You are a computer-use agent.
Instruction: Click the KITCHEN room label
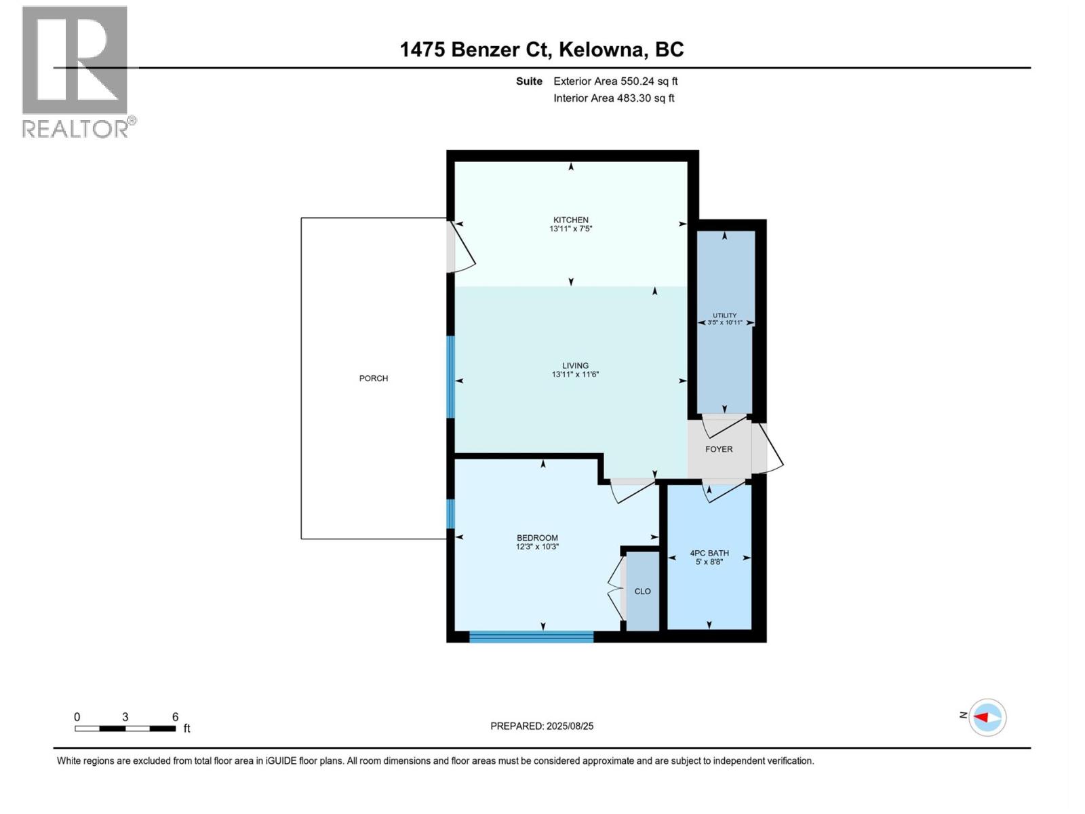click(x=570, y=220)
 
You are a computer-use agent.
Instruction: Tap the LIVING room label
click(x=575, y=366)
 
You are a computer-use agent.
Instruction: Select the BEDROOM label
click(x=537, y=538)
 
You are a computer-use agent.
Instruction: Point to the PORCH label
click(x=374, y=379)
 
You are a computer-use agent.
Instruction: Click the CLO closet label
click(x=642, y=592)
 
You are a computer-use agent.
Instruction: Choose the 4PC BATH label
click(x=709, y=553)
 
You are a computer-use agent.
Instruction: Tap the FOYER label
click(x=719, y=449)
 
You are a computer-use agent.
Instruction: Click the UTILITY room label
click(x=724, y=315)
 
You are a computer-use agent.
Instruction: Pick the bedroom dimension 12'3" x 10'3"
click(x=537, y=547)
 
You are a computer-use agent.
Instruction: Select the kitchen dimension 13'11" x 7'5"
click(x=570, y=229)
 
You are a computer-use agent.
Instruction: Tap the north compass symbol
click(x=987, y=717)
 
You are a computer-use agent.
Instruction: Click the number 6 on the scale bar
click(x=175, y=717)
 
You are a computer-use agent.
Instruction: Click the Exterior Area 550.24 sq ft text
click(x=615, y=81)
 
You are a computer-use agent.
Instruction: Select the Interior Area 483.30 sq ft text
click(x=614, y=98)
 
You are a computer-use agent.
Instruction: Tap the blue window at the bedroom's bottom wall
click(x=531, y=636)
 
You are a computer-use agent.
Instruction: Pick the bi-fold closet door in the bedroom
click(x=616, y=589)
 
